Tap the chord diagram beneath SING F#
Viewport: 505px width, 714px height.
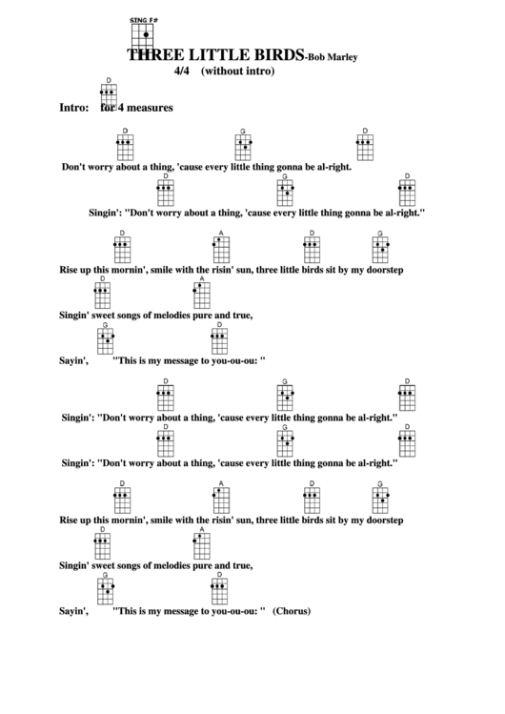(142, 35)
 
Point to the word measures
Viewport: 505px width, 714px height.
(149, 108)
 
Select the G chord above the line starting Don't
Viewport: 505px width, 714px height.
(243, 146)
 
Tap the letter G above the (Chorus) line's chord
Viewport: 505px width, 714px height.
(106, 575)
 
